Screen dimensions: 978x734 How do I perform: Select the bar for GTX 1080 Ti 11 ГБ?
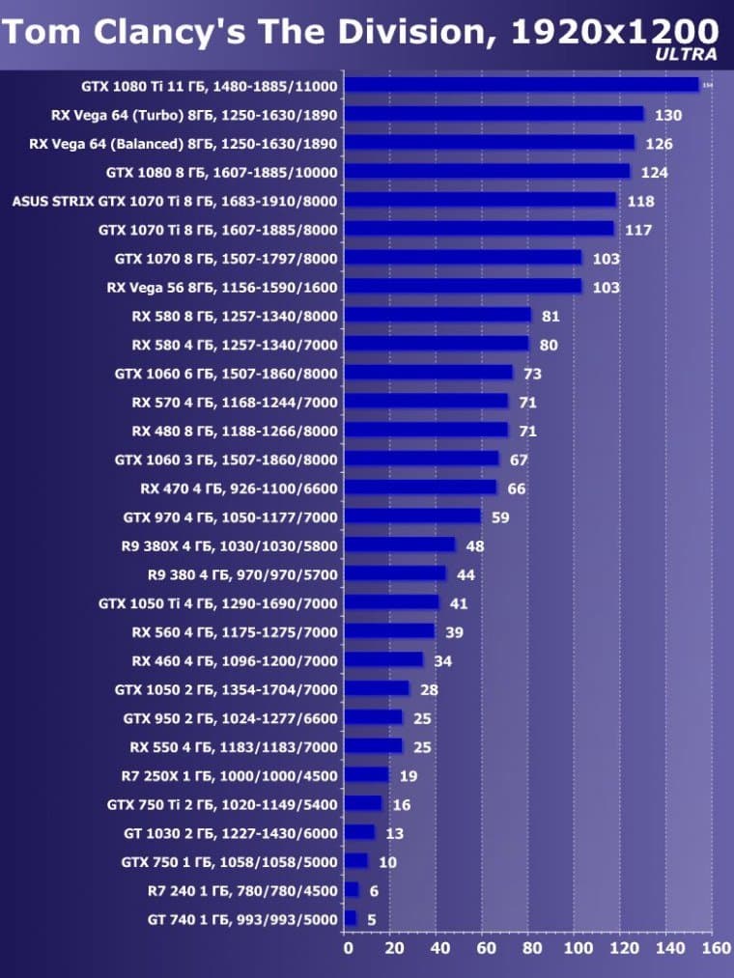[x=522, y=85]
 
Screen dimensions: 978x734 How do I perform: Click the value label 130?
[x=667, y=116]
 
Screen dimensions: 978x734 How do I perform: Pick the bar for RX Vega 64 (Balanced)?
[x=490, y=143]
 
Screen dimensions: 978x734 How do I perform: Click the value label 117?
[x=637, y=230]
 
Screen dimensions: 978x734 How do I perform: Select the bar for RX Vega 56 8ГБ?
[x=464, y=287]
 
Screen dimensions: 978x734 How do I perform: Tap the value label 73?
[x=532, y=374]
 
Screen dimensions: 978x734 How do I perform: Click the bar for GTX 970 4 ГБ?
[x=413, y=517]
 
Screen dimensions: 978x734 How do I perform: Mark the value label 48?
[x=474, y=545]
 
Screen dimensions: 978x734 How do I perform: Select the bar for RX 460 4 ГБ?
[x=384, y=660]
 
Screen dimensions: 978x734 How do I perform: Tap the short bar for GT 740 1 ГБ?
[x=351, y=918]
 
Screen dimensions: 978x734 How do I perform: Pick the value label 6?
[x=375, y=891]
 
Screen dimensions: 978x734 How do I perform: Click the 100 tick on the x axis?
[x=577, y=948]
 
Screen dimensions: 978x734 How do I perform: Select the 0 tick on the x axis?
[x=348, y=948]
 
